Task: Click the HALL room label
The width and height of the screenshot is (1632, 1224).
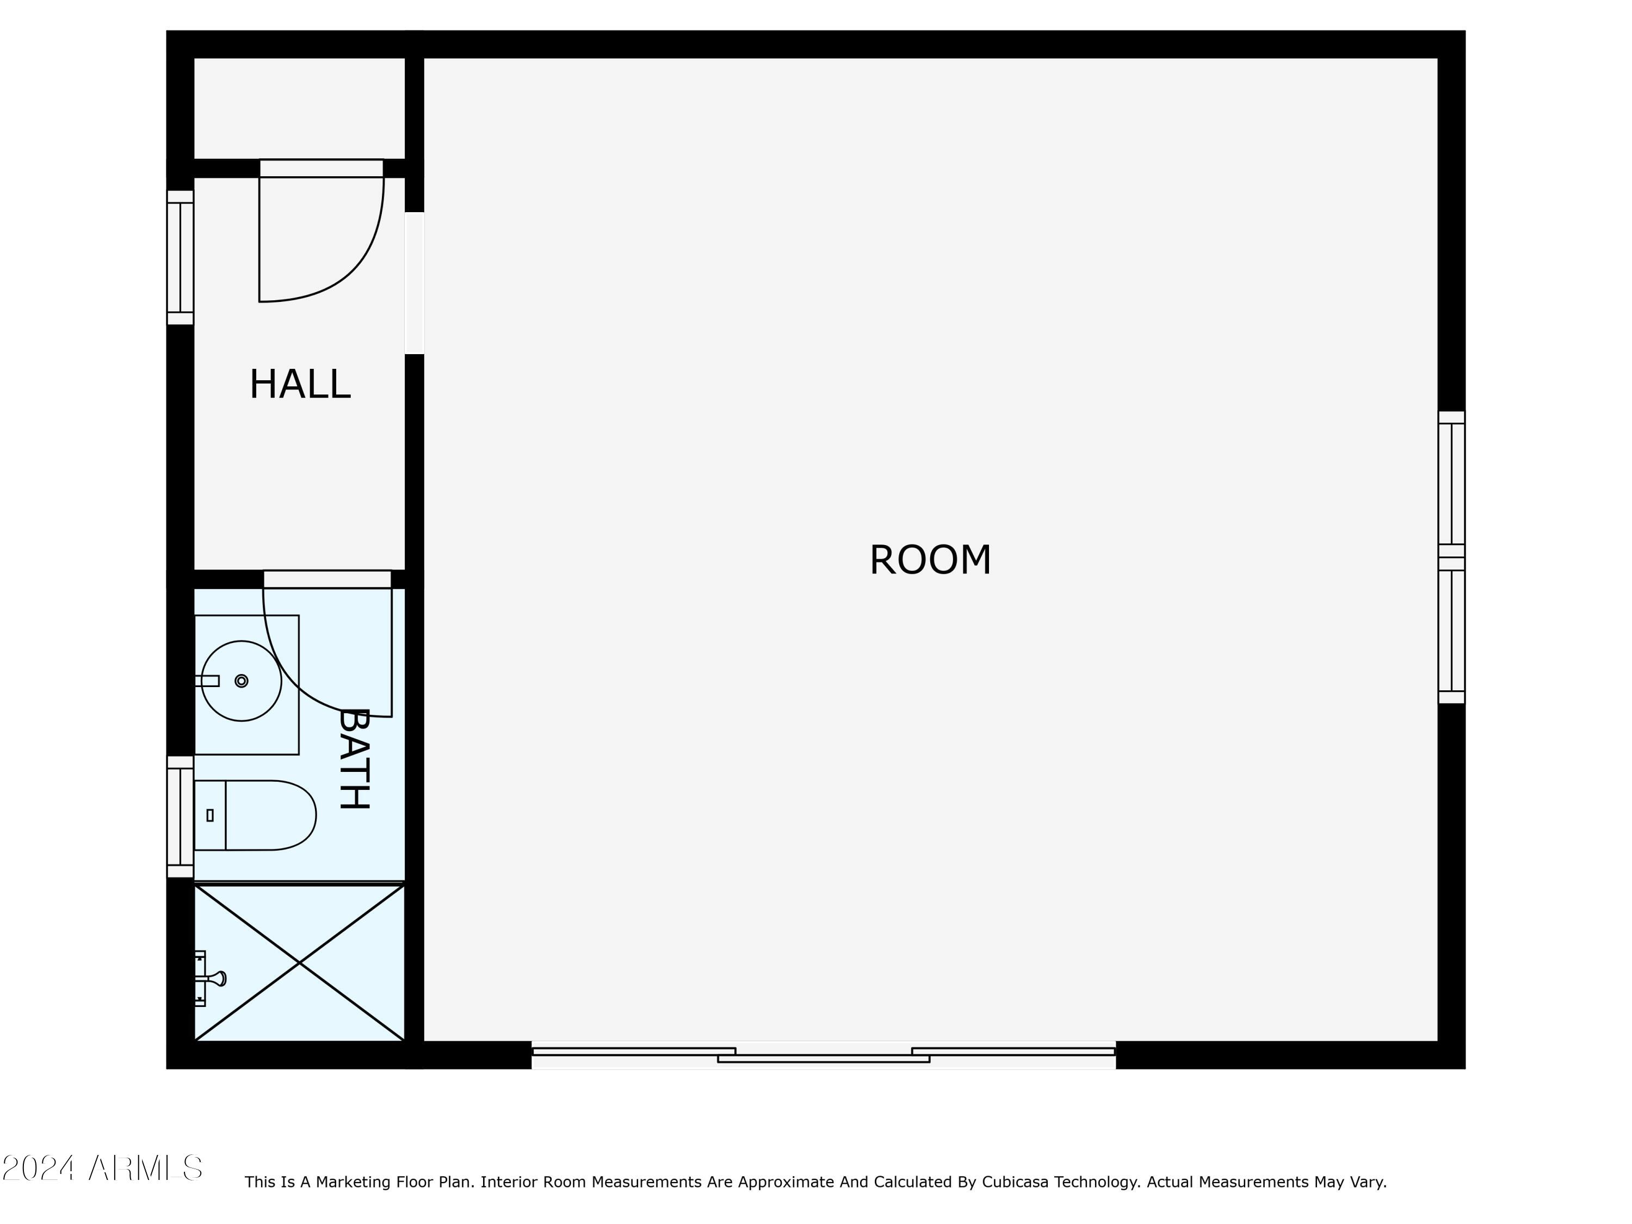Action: [x=300, y=385]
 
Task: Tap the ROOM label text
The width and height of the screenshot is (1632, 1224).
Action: [x=930, y=560]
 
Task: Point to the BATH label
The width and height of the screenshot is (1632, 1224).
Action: [x=354, y=758]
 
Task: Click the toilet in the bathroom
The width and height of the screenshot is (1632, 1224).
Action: [x=255, y=815]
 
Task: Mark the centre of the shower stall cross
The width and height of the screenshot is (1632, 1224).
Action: [x=300, y=963]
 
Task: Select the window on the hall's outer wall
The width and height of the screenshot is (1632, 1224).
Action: [x=180, y=257]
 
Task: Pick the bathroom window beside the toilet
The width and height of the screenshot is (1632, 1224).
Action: [x=180, y=817]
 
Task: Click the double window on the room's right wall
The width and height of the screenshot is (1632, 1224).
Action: [x=1451, y=557]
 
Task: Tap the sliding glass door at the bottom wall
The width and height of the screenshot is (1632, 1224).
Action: [x=824, y=1055]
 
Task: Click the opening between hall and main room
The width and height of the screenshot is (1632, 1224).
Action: [x=415, y=283]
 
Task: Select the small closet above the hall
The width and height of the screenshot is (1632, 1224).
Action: [x=300, y=108]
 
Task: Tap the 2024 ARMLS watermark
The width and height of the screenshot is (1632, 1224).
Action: [x=103, y=1168]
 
